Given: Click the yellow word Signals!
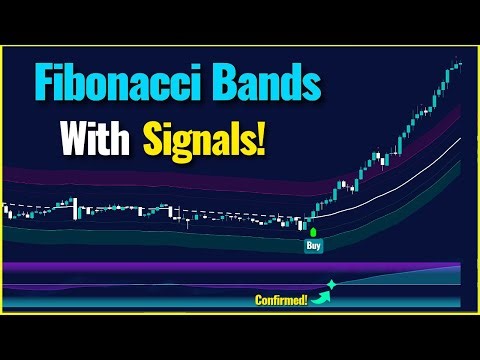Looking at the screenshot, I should (206, 139).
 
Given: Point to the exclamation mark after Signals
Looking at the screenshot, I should (262, 137).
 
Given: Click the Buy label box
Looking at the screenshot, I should (313, 244).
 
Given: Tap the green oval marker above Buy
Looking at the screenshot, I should (313, 231).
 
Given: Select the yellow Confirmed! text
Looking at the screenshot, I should (282, 297).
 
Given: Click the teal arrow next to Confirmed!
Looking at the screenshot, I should (322, 293).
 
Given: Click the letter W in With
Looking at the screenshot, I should (72, 138).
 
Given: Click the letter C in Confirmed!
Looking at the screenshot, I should (259, 297).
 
